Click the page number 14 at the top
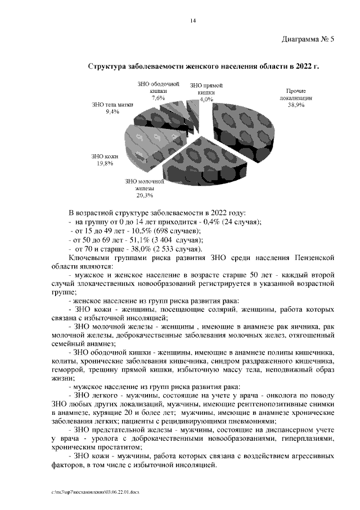click(192, 21)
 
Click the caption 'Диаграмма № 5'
click(307, 39)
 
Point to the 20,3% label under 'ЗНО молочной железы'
click(145, 196)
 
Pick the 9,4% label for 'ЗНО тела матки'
click(112, 112)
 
